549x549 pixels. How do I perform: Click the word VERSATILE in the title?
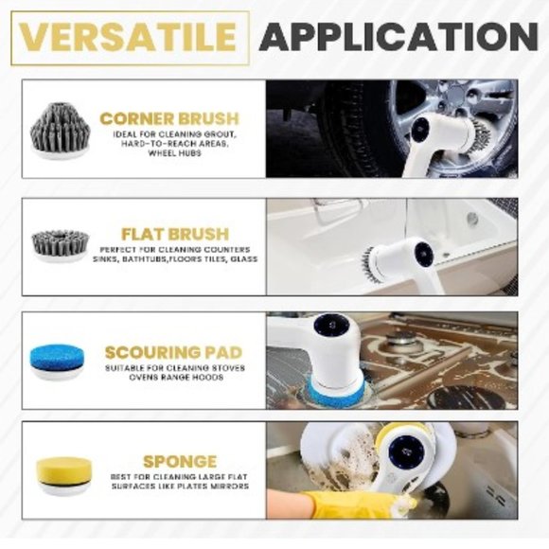129,37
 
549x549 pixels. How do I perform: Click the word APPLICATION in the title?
398,37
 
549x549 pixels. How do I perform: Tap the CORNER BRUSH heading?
169,119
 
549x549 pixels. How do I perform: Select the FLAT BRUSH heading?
175,234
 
